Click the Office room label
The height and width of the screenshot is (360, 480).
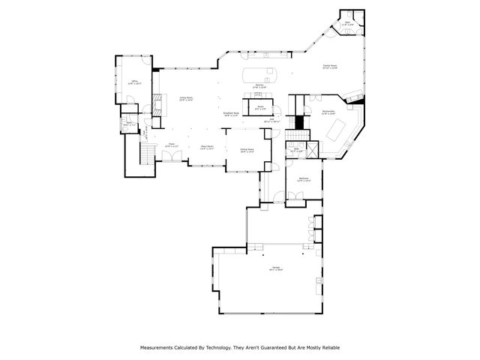coord(135,81)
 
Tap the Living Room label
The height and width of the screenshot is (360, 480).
coord(185,99)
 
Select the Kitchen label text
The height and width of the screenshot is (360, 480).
coord(259,87)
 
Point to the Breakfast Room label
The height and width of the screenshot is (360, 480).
coord(231,115)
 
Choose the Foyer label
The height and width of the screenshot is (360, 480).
coord(171,145)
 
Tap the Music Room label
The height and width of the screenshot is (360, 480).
coord(208,147)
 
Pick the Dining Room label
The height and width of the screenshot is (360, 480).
coord(247,150)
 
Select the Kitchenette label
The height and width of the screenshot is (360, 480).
coord(328,112)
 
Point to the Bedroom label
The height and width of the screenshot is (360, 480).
coord(303,180)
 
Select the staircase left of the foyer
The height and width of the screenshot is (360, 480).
coord(147,153)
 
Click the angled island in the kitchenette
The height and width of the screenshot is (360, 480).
coord(338,130)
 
